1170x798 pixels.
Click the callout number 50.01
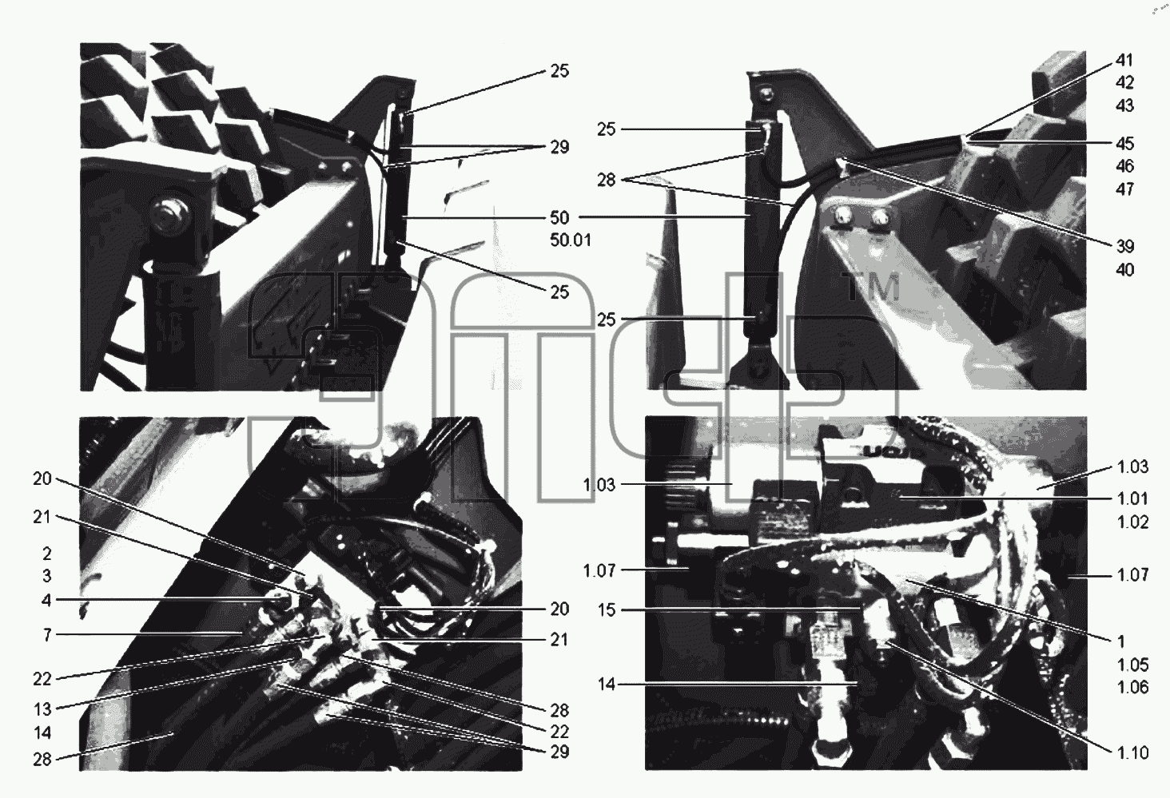click(x=571, y=240)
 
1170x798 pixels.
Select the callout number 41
click(x=1124, y=61)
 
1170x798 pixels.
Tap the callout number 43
click(x=1124, y=106)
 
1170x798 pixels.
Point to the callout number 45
click(x=1124, y=144)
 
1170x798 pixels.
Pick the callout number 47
click(x=1124, y=189)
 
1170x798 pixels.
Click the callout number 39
click(x=1124, y=246)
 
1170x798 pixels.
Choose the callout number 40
click(x=1124, y=270)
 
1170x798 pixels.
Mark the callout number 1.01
click(x=1133, y=499)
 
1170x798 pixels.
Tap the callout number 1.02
click(x=1133, y=522)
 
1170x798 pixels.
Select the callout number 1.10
click(x=1133, y=752)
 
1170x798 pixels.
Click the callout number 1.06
click(x=1133, y=687)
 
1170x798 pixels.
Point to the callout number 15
click(x=607, y=610)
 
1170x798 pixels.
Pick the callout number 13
click(x=43, y=710)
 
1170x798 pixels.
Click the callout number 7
click(x=47, y=635)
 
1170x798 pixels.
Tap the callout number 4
click(x=47, y=601)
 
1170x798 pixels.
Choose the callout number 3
click(x=47, y=576)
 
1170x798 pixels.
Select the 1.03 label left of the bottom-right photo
click(x=599, y=486)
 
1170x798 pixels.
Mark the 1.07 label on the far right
click(x=1133, y=575)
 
